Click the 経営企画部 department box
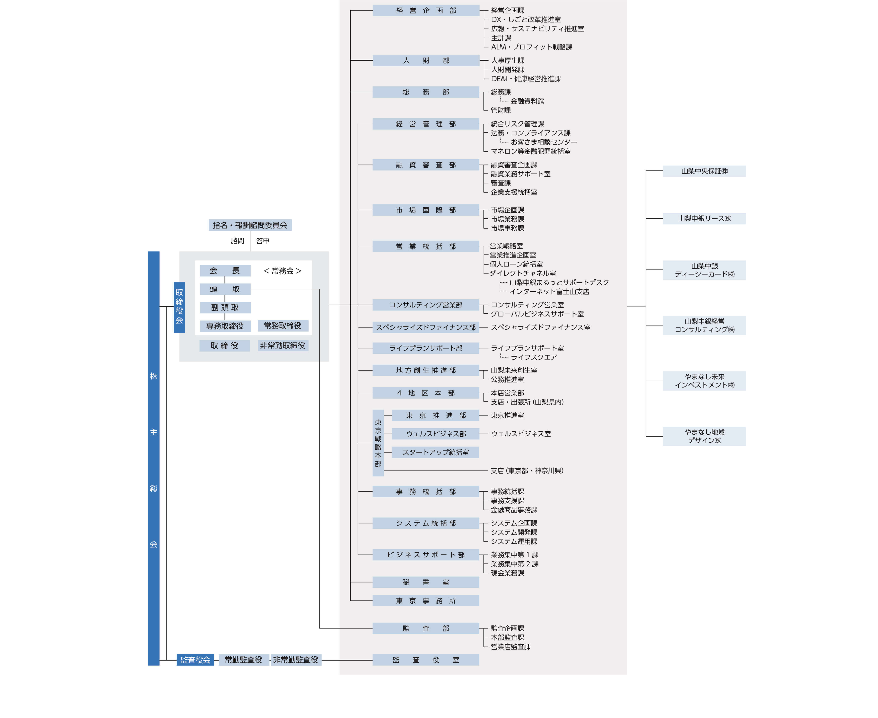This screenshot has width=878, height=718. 426,10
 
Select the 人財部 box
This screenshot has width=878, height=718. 426,60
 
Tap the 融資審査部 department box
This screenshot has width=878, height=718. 426,165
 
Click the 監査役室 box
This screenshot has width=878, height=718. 426,660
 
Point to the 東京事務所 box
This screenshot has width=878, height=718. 426,601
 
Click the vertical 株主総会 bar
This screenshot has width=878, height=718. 154,458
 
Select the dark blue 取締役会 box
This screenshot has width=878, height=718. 179,307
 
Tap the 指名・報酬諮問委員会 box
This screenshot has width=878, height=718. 250,225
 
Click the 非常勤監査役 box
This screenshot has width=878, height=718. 296,660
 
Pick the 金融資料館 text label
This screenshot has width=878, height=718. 527,101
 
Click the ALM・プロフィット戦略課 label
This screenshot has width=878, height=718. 532,47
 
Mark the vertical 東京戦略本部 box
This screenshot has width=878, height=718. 378,443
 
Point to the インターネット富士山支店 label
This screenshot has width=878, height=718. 549,292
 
